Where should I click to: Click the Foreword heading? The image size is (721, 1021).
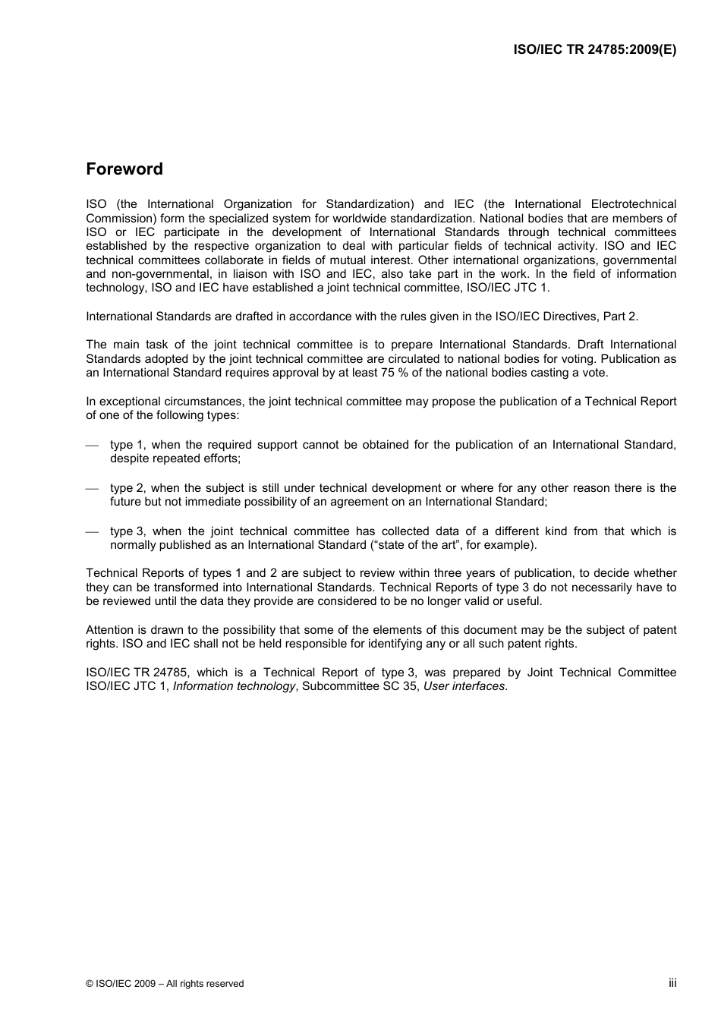tap(124, 169)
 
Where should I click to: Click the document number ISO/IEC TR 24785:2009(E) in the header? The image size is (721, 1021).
tap(594, 49)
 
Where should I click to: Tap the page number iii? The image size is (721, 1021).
tap(672, 983)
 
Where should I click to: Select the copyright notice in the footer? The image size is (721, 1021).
tap(165, 984)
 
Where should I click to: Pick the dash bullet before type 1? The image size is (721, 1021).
tap(92, 446)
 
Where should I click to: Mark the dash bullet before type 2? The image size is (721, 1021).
tap(92, 489)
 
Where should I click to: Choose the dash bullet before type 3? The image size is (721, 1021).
tap(92, 532)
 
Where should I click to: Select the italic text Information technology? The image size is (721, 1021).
tap(234, 686)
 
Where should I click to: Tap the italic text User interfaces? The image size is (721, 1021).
tap(464, 686)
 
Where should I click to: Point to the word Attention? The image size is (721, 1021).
tap(109, 630)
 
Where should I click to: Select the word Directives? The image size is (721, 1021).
tap(570, 317)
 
